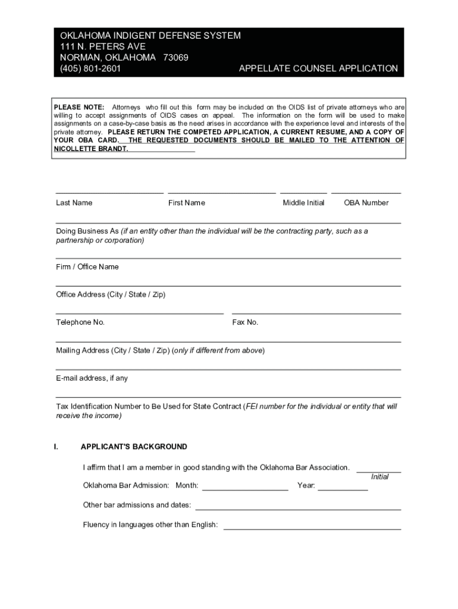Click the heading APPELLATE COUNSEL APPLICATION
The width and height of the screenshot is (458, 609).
(318, 68)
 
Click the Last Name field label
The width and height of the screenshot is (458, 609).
(74, 203)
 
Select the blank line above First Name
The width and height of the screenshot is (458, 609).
(222, 193)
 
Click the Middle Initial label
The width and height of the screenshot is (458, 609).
(303, 203)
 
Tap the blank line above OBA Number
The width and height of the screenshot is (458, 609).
(366, 193)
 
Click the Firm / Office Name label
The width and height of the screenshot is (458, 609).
(87, 267)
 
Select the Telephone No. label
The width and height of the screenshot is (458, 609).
(80, 322)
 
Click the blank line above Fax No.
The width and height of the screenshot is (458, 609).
(316, 313)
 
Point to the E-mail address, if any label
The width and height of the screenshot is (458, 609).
(92, 378)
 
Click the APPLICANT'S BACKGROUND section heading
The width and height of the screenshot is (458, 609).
(134, 447)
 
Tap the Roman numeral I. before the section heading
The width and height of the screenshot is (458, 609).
(55, 447)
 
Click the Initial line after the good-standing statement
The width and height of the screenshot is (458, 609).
(378, 472)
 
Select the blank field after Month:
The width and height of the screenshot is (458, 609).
(245, 489)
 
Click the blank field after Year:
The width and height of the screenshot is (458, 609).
(343, 489)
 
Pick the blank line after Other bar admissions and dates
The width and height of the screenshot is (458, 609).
(298, 509)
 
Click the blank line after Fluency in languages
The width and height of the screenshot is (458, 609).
(312, 529)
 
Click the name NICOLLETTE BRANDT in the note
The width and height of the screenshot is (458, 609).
(90, 149)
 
